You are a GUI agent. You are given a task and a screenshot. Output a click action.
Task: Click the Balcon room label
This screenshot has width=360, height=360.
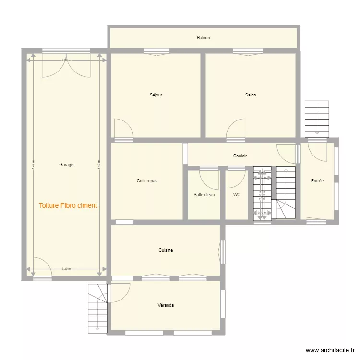[x=203, y=38]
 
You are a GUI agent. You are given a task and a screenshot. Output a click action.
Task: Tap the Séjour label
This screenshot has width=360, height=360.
[x=156, y=95]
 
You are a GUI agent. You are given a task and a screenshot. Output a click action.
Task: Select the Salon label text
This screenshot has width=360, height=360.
[x=251, y=95]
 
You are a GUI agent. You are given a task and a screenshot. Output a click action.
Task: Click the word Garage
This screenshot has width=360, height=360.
[x=66, y=165]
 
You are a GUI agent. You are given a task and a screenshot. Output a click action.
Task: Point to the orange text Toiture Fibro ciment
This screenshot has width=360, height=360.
[x=68, y=205]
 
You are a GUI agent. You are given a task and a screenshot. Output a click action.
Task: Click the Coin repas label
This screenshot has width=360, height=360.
[x=147, y=181]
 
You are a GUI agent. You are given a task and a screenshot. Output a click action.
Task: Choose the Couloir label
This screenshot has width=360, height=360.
[x=240, y=156]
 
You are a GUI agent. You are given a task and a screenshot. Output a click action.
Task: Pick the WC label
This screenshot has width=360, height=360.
[x=237, y=195]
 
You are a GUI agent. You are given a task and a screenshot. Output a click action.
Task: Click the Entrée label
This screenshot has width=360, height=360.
[x=317, y=181]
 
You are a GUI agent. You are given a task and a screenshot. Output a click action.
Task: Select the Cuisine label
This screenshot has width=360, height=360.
[x=166, y=250]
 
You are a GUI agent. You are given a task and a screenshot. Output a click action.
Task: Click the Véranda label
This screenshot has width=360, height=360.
[x=166, y=305]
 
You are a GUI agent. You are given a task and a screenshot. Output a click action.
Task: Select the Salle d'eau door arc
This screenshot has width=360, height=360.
[x=209, y=180]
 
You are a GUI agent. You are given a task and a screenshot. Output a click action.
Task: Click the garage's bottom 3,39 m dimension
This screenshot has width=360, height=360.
[x=66, y=269]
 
